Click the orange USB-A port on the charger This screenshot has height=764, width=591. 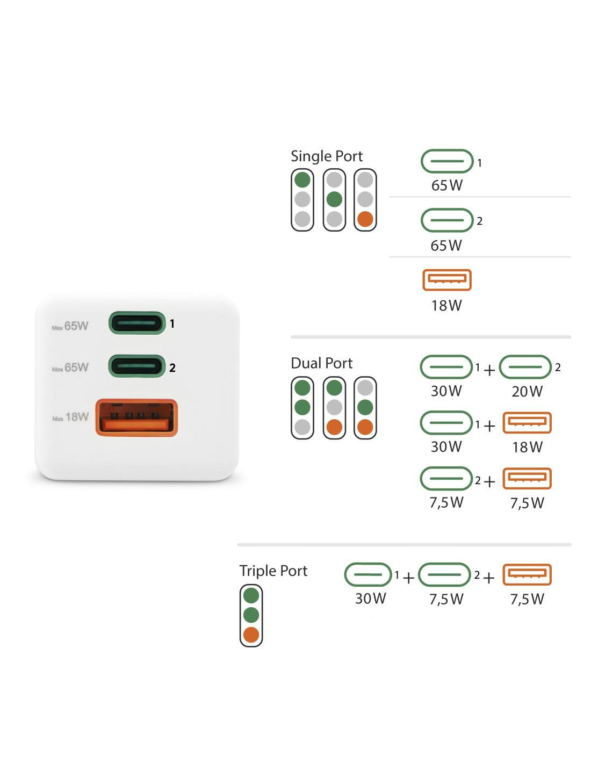(136, 417)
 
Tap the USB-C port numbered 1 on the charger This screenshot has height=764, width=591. (137, 323)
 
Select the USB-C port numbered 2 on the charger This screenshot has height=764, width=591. (137, 366)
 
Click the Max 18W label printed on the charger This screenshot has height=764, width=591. (70, 417)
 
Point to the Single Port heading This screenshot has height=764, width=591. (327, 156)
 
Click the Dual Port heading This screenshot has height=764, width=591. (321, 363)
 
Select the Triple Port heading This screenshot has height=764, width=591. (273, 571)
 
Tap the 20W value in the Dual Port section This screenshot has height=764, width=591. (527, 392)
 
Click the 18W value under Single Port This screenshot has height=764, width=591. (446, 306)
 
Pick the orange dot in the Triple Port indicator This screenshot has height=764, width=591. (251, 635)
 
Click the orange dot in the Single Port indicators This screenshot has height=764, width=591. (365, 219)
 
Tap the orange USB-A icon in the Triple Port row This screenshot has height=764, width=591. (527, 574)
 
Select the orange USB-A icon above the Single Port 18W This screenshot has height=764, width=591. (447, 280)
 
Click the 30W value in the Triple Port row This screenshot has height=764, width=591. (370, 599)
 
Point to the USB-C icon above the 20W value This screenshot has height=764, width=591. (525, 367)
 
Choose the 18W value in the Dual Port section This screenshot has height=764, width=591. (527, 447)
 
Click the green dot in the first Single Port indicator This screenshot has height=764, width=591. (302, 179)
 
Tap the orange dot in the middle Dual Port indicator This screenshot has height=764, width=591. (334, 427)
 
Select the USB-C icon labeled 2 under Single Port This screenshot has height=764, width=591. (447, 220)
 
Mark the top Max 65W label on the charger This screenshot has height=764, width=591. (70, 326)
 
